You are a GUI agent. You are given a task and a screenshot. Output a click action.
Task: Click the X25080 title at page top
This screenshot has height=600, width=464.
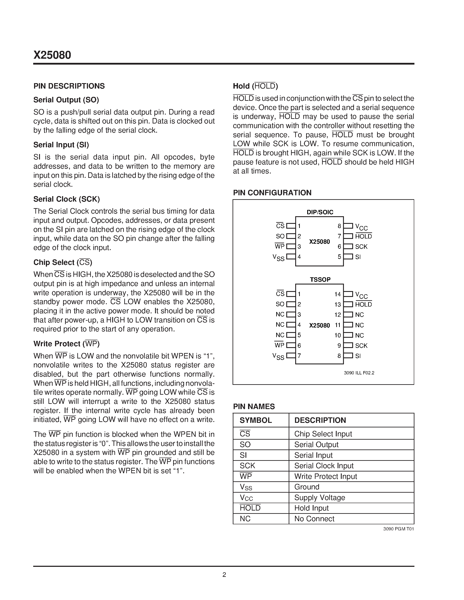(52, 55)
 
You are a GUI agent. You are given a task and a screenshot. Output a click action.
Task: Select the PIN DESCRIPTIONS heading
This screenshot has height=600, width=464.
(69, 86)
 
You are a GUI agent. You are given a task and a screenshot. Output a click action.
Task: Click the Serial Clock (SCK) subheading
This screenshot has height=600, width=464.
(67, 199)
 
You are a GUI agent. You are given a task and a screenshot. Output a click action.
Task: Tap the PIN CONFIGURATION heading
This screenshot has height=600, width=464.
(272, 193)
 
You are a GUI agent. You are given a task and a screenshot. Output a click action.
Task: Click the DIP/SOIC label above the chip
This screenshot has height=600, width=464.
(320, 212)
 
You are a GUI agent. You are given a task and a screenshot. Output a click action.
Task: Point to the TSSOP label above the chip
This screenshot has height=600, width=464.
(320, 279)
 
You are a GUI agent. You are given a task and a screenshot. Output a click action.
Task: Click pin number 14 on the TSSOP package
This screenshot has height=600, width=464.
(338, 294)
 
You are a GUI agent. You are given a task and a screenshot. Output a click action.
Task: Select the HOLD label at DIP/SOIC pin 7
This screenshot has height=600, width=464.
(363, 236)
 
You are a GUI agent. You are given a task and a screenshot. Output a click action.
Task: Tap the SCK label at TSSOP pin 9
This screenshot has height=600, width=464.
(361, 346)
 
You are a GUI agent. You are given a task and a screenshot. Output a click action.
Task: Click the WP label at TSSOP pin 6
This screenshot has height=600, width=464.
(279, 345)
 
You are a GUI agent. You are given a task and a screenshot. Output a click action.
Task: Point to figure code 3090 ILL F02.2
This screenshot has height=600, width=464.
(359, 373)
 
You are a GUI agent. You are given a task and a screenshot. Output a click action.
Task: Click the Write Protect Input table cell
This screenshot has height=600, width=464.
(326, 476)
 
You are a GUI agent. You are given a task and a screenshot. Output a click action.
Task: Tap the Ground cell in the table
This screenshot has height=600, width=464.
(307, 487)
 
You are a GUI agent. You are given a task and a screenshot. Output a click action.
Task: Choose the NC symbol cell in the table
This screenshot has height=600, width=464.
(245, 519)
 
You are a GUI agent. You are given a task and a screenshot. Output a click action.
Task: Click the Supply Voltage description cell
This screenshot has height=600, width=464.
(319, 497)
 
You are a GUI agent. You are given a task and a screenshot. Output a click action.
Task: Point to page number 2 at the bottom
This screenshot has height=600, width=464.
(224, 575)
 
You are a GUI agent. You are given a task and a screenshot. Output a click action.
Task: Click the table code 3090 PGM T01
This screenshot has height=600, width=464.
(398, 529)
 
